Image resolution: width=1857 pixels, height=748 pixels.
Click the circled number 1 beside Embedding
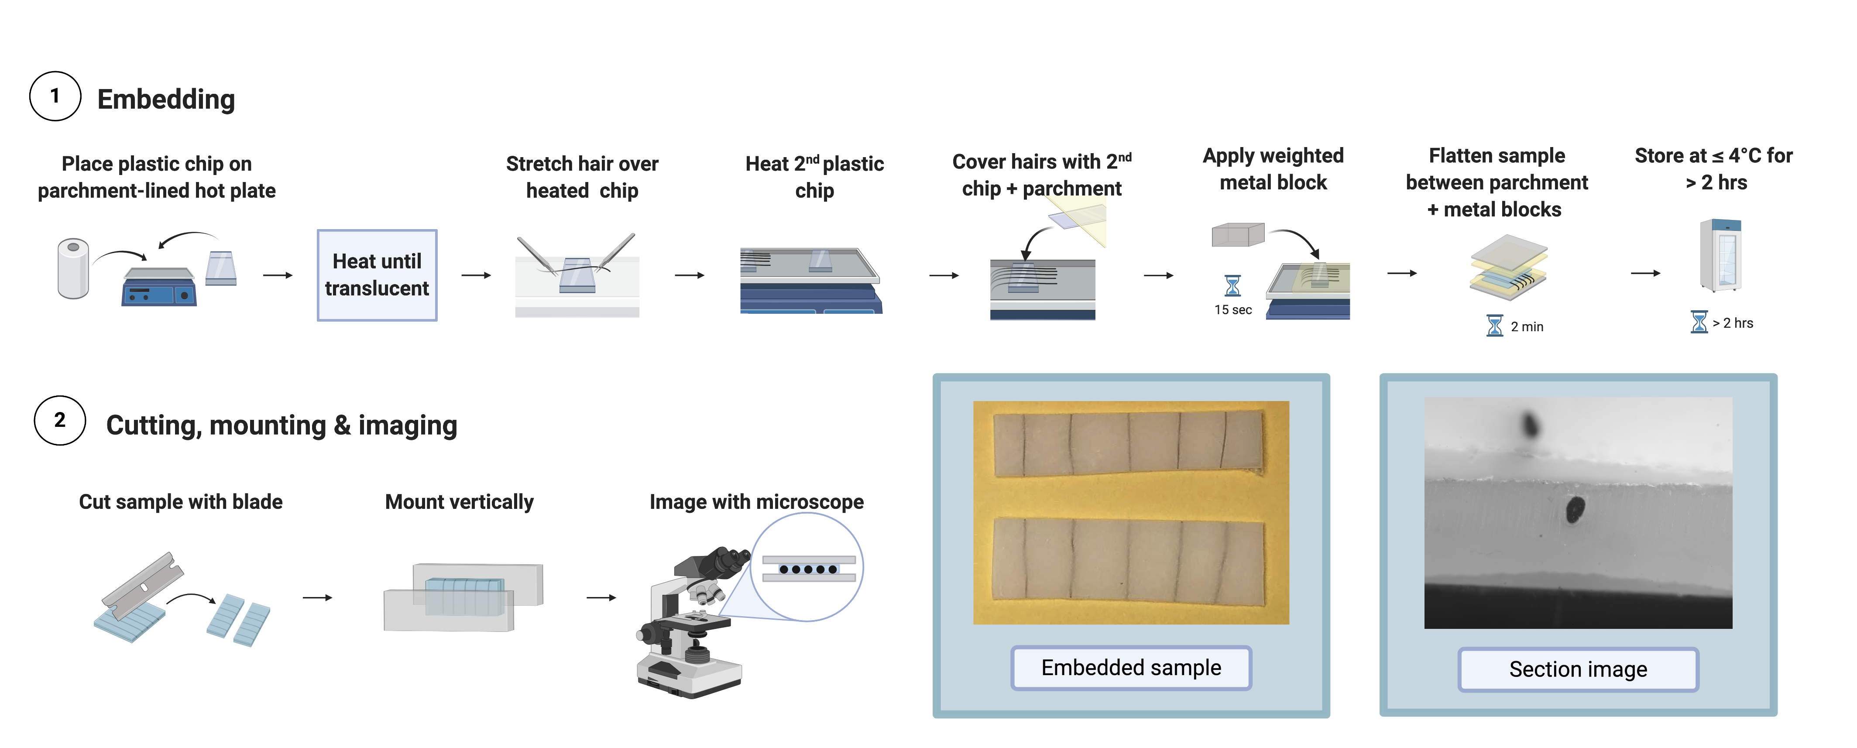[55, 96]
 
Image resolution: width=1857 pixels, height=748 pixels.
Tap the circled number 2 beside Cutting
[60, 421]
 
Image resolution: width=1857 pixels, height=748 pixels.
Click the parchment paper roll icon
[73, 269]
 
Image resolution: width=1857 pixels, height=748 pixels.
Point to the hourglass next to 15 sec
[1233, 285]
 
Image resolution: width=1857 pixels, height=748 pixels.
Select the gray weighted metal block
[1237, 234]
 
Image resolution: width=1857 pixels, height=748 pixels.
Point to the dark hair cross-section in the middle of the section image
[1575, 509]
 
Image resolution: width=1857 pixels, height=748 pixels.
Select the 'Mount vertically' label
[459, 501]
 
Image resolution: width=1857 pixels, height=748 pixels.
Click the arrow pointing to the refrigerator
[1646, 273]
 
